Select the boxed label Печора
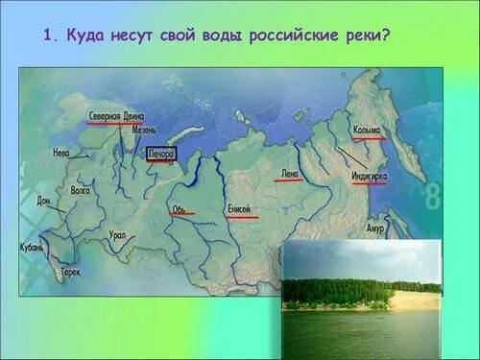coord(160,154)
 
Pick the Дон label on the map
coord(44,200)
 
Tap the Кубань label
coord(32,250)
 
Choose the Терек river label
coord(70,271)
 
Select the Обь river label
coord(180,207)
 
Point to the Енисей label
coord(240,209)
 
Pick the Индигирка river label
coord(370,177)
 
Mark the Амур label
coord(374,228)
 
